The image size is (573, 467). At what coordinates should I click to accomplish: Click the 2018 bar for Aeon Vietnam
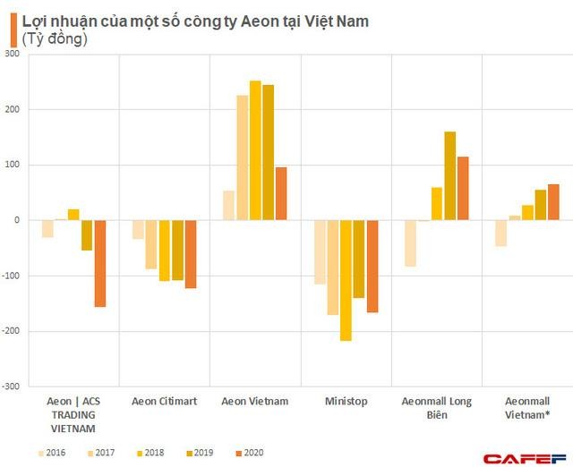tap(255, 150)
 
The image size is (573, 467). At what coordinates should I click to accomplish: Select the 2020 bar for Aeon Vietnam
tap(281, 193)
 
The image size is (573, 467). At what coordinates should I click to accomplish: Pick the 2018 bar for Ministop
tap(346, 280)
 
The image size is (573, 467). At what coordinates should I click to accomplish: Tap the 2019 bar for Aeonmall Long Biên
tap(449, 175)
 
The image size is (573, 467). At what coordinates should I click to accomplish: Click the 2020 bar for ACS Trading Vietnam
tap(100, 263)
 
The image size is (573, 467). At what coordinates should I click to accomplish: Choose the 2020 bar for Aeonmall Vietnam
tap(553, 202)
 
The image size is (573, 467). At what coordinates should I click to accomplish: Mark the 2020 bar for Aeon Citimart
tap(190, 254)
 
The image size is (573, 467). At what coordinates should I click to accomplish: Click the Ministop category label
tap(345, 402)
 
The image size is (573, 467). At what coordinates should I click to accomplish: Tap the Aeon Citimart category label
tap(165, 402)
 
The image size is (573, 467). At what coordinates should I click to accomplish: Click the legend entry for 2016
tap(53, 452)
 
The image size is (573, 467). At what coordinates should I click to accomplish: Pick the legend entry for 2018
tap(150, 452)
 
